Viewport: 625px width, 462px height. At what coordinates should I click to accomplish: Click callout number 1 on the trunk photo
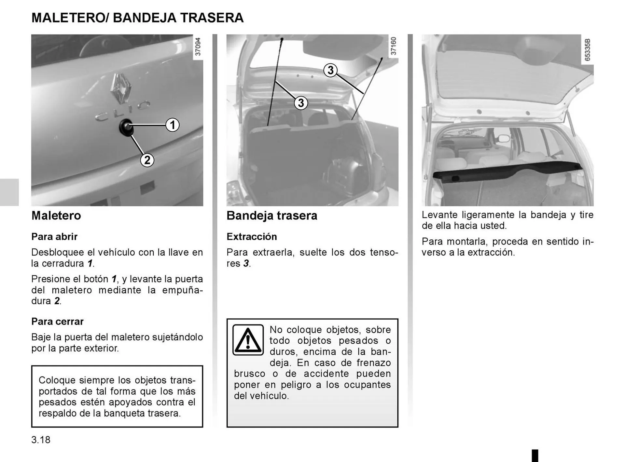click(x=173, y=125)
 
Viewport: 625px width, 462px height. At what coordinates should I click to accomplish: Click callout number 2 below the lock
click(x=147, y=160)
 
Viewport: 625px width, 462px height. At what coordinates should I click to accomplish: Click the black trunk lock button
click(x=126, y=127)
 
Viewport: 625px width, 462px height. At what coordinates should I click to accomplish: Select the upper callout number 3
click(x=330, y=70)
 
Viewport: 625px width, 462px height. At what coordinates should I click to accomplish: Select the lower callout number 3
click(x=301, y=103)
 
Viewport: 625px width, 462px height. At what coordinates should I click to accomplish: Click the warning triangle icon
click(x=248, y=340)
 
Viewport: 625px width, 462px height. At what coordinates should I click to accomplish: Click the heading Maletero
click(x=56, y=216)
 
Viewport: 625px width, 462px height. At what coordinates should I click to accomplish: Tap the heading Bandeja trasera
click(x=272, y=216)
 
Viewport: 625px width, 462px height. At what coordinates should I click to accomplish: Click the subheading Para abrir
click(x=54, y=236)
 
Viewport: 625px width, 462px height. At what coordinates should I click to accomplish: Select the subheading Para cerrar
click(x=57, y=321)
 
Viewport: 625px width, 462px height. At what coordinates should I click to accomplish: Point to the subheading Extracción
click(x=252, y=236)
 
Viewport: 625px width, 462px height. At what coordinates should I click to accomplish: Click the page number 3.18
click(x=41, y=440)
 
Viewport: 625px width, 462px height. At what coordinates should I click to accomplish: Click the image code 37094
click(x=198, y=47)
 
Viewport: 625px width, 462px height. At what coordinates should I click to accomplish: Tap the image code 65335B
click(x=587, y=50)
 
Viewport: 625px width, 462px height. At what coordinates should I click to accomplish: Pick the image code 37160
click(x=393, y=46)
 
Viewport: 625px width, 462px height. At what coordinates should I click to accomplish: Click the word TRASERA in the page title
click(x=212, y=18)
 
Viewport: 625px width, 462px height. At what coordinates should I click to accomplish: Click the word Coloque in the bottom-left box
click(x=57, y=380)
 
